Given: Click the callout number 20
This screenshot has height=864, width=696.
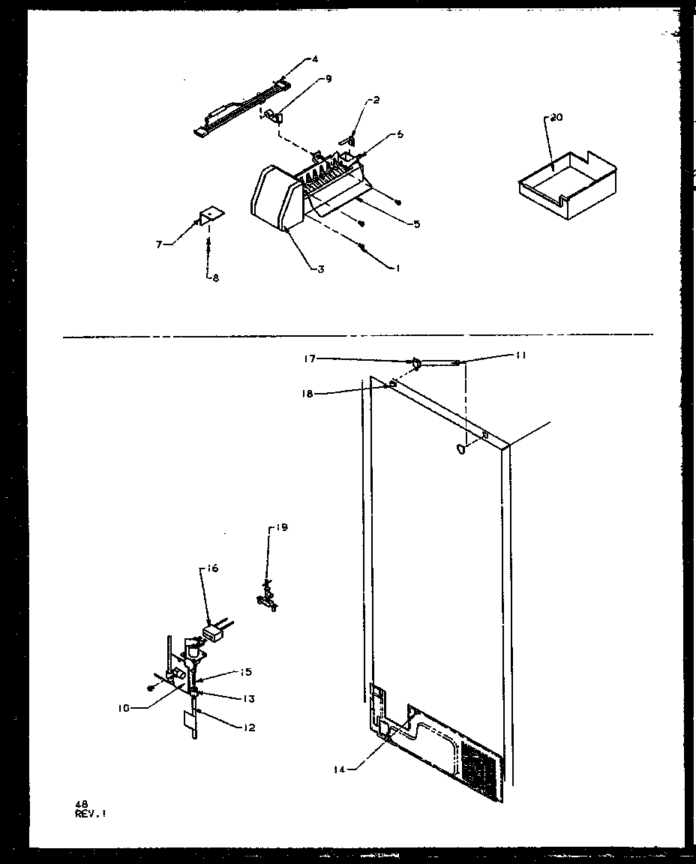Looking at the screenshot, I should tap(556, 118).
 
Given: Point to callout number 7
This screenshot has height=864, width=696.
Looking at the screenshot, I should tap(159, 244).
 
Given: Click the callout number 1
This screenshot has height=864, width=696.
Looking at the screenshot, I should tap(395, 268).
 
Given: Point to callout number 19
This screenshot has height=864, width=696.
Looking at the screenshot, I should tap(282, 528).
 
